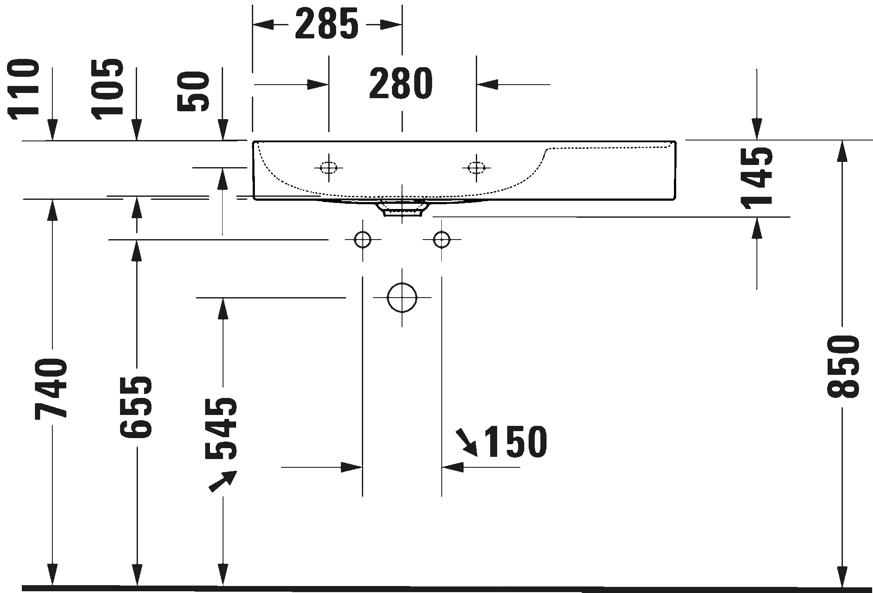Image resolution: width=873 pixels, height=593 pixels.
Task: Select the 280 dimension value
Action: [x=401, y=84]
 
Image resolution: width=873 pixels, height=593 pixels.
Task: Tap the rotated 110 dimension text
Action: [x=24, y=89]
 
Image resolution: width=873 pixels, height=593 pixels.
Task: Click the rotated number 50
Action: [x=194, y=92]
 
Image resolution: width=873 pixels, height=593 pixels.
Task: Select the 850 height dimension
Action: [x=843, y=367]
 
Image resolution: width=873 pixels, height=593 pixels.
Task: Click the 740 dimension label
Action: [x=52, y=388]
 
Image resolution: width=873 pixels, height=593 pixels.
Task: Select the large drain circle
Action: [x=402, y=298]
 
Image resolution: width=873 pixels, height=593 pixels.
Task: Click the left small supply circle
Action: [x=362, y=240]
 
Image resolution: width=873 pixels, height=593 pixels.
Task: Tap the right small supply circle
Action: [x=442, y=240]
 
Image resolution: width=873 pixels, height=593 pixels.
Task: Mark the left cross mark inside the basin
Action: [x=329, y=168]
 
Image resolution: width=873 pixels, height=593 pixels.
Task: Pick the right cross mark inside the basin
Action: [x=476, y=168]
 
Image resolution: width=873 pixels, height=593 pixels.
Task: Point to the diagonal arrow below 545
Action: [x=223, y=481]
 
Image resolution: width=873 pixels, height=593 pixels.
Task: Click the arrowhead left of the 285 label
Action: [x=265, y=25]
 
